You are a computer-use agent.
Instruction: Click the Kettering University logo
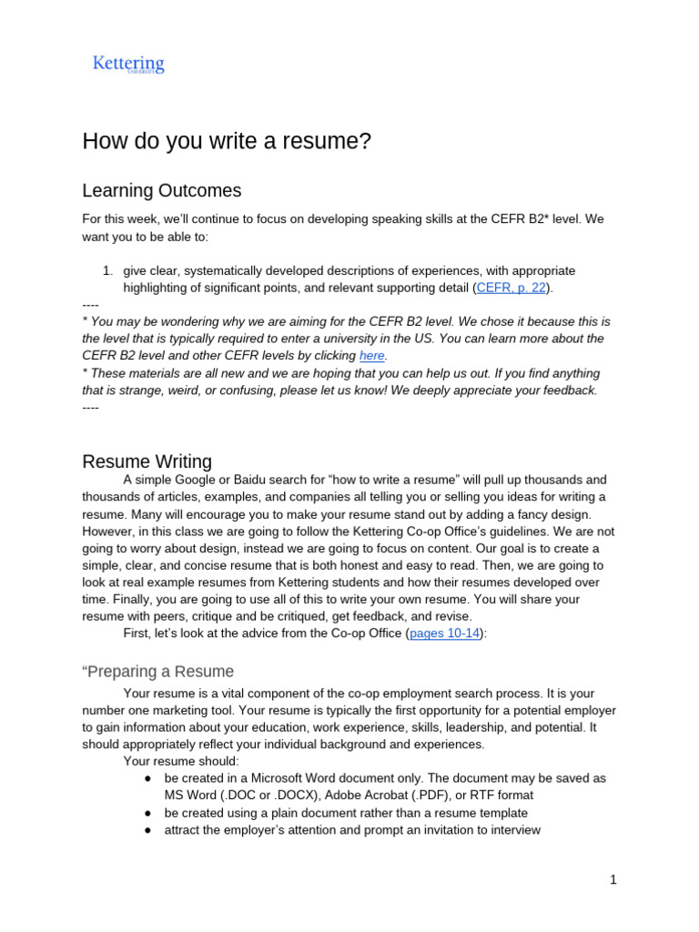coord(128,64)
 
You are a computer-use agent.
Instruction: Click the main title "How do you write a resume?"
coord(227,141)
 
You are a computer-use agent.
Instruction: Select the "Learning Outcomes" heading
coord(162,190)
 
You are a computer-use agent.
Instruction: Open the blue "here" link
coord(372,356)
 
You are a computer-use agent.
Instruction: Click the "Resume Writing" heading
coord(147,461)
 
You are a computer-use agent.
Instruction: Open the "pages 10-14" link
coord(445,633)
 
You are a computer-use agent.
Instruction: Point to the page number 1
coord(613,879)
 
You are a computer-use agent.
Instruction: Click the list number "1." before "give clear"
coord(106,271)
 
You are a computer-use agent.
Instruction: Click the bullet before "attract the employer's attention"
coord(147,830)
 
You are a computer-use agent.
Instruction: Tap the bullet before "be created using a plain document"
coord(147,813)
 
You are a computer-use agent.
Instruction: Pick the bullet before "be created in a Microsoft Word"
coord(147,779)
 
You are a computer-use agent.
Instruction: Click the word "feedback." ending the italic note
coord(569,390)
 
